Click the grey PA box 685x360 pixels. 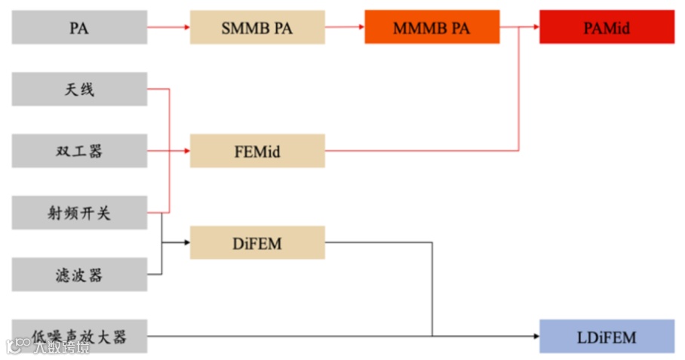click(79, 28)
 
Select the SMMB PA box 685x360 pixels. click(257, 28)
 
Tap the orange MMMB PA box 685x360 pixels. click(432, 28)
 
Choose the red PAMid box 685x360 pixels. click(607, 28)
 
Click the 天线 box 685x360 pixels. click(79, 90)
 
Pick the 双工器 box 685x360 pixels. click(79, 151)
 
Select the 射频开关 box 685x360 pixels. click(79, 213)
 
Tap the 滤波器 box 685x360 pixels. click(79, 275)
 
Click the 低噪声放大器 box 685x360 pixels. click(79, 336)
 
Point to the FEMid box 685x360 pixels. click(257, 151)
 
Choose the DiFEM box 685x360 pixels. click(257, 242)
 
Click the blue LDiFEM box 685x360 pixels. click(607, 336)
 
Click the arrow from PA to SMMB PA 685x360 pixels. click(168, 28)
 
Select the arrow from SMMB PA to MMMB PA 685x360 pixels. click(344, 28)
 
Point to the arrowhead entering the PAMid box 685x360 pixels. click(534, 28)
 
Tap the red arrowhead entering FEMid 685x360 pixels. click(186, 151)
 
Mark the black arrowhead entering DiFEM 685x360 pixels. click(186, 242)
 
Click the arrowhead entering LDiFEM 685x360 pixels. click(535, 336)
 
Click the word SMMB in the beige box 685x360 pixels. click(243, 28)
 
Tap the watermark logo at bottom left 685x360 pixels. click(16, 345)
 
